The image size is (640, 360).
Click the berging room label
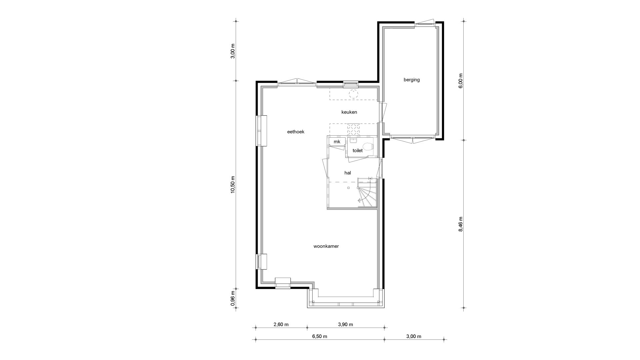coord(411,80)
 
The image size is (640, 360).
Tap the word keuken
coord(349,112)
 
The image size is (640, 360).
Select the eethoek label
coord(296,132)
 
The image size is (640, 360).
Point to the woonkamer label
coord(326,246)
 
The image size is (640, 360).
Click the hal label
coord(348,173)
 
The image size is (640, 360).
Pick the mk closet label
coord(337,142)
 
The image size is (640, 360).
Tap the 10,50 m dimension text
coord(233,185)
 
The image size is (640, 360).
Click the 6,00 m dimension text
coord(461,81)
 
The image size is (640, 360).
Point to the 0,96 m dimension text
coord(233,298)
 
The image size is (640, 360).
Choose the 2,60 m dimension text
coord(281,324)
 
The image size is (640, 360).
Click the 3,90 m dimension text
coord(345,324)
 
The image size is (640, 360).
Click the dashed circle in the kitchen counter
coord(353,94)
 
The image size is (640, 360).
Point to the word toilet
coord(358,151)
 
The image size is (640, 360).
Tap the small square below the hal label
coord(348,188)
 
